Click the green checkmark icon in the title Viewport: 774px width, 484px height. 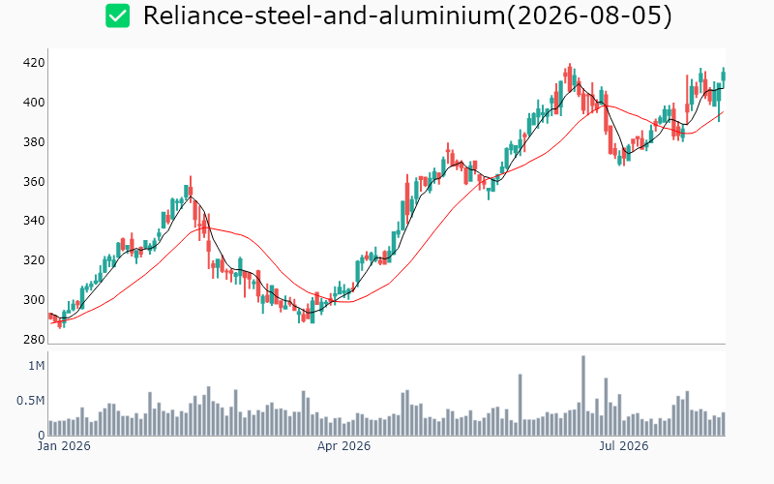point(117,15)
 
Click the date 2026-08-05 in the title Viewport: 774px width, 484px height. point(589,15)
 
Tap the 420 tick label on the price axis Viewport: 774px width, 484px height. point(34,63)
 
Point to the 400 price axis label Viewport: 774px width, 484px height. point(34,103)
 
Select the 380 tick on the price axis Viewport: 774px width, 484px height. point(34,141)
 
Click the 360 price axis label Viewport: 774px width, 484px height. point(34,181)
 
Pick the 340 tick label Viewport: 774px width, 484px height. point(34,221)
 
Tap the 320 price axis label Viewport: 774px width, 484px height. point(34,259)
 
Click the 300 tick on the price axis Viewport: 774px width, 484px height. point(34,299)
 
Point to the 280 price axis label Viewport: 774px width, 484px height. point(34,340)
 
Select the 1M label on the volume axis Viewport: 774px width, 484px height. point(37,366)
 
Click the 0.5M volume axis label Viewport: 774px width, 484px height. point(31,400)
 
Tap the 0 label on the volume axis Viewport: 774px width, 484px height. point(42,435)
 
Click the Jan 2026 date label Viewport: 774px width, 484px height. point(64,446)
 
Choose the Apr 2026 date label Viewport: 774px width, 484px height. point(343,446)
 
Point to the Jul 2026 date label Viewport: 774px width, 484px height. point(623,446)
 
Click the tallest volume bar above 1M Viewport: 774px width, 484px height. point(583,396)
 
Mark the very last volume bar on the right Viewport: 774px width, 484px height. point(724,424)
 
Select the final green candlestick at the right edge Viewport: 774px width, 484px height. point(724,76)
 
